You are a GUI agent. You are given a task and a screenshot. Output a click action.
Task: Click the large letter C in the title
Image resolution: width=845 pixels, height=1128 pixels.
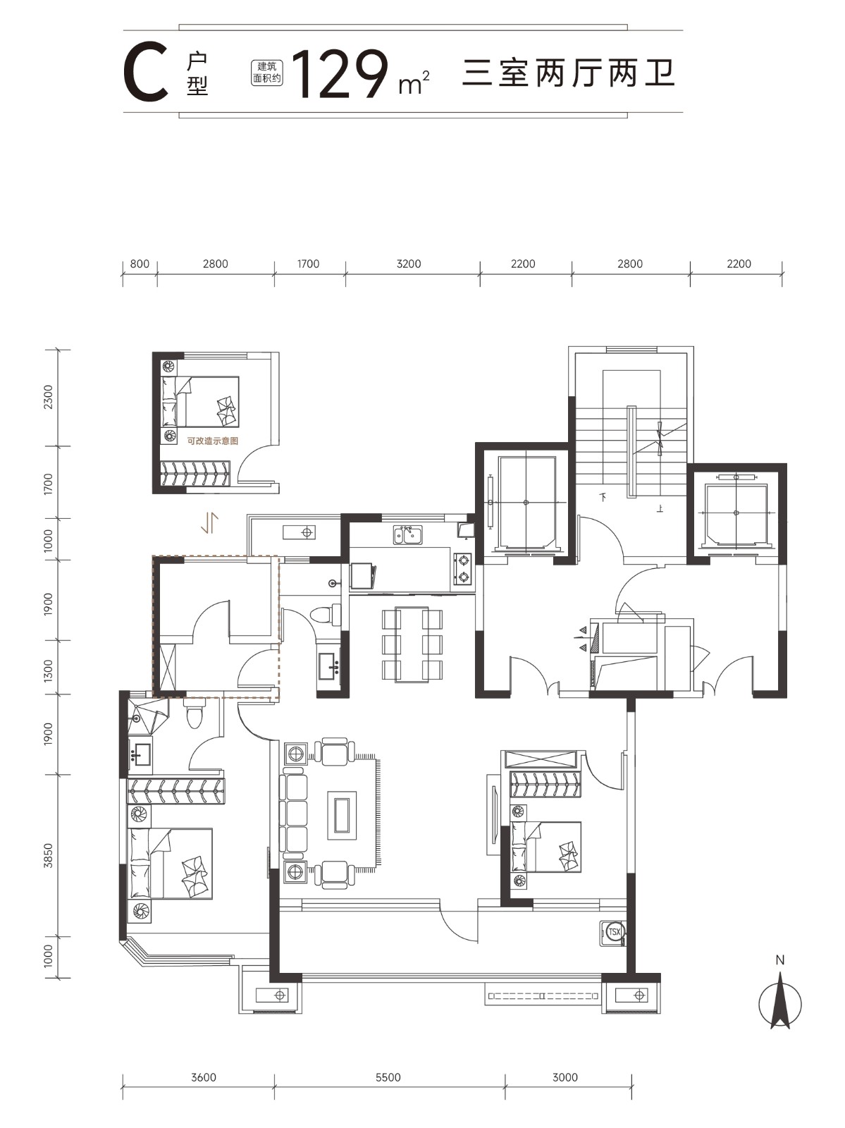[x=147, y=73]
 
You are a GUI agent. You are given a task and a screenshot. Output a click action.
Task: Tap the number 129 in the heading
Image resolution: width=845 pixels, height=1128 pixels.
[x=340, y=74]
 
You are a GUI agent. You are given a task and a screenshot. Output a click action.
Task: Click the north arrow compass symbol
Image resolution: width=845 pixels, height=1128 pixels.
[x=779, y=1002]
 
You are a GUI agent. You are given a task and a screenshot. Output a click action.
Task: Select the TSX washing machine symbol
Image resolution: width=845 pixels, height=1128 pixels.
[x=613, y=932]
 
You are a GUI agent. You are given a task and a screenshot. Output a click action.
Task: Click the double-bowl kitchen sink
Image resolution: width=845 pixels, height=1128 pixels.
[x=408, y=535]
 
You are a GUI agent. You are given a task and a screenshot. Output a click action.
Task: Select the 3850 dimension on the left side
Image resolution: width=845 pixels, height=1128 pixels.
[x=48, y=856]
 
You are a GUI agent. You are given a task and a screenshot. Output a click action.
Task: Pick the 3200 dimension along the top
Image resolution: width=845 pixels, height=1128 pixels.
[x=409, y=264]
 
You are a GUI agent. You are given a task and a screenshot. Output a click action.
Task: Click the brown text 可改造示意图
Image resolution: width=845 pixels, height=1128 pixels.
[x=213, y=441]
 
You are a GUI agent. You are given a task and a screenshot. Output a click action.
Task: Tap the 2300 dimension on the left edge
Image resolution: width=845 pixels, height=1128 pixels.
[x=48, y=397]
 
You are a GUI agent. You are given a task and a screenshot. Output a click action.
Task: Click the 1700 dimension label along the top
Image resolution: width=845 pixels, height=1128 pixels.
[x=308, y=264]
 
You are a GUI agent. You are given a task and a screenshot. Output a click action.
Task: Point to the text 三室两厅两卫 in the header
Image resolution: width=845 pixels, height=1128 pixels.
[x=569, y=73]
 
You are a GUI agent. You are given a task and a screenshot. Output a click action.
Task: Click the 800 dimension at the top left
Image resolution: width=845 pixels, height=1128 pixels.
[x=140, y=264]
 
